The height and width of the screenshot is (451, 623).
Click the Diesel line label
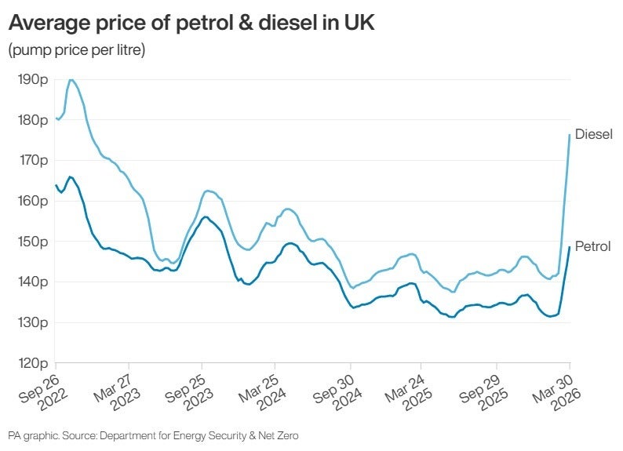click(x=593, y=134)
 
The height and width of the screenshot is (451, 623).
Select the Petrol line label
click(x=592, y=246)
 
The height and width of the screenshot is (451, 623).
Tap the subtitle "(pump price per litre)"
click(x=76, y=50)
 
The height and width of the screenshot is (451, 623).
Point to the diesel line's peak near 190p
click(x=71, y=79)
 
